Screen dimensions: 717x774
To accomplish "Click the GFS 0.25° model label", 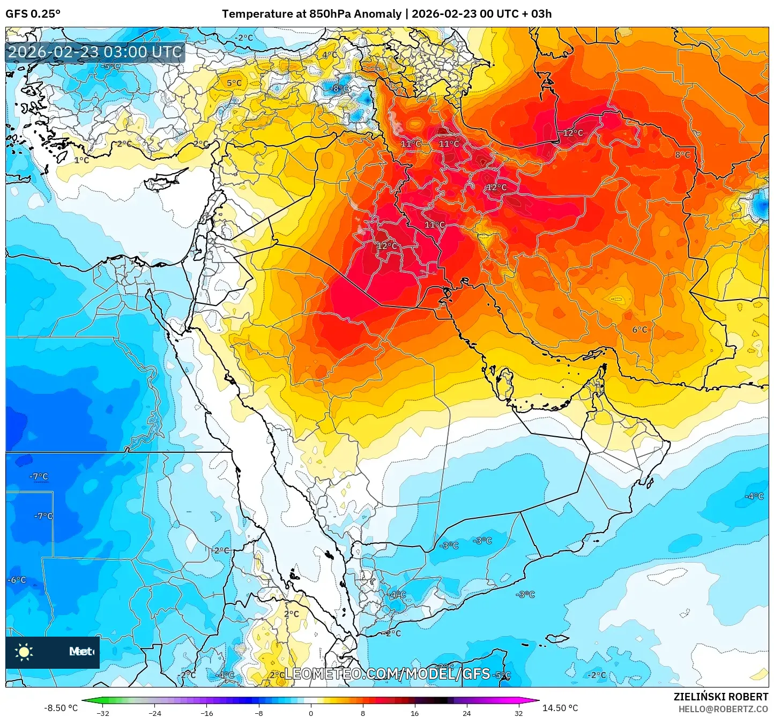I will [x=33, y=14].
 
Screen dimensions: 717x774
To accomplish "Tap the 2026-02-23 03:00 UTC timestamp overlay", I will [x=95, y=52].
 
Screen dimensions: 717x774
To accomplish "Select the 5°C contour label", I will [x=234, y=83].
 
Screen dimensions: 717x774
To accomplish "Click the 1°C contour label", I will [x=81, y=160].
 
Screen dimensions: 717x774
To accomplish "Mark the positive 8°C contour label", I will [x=682, y=154].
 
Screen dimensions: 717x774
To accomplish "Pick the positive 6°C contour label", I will [x=639, y=330].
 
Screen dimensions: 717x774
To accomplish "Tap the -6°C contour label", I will [x=17, y=580].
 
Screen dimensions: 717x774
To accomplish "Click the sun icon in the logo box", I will [x=24, y=652].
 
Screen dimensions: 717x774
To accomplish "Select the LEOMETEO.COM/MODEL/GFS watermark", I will [x=387, y=674].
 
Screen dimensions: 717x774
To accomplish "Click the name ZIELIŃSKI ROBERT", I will [x=720, y=697].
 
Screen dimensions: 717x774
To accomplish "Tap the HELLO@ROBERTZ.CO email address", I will [x=723, y=709].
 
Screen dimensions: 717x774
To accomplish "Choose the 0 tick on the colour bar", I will [x=311, y=713].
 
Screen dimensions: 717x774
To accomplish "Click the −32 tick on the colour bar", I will [x=103, y=713].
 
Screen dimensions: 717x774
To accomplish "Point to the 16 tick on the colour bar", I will [x=415, y=713].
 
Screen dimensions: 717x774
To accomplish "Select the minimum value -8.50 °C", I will [x=61, y=708].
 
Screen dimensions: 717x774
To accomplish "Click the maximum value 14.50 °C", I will [x=560, y=708].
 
